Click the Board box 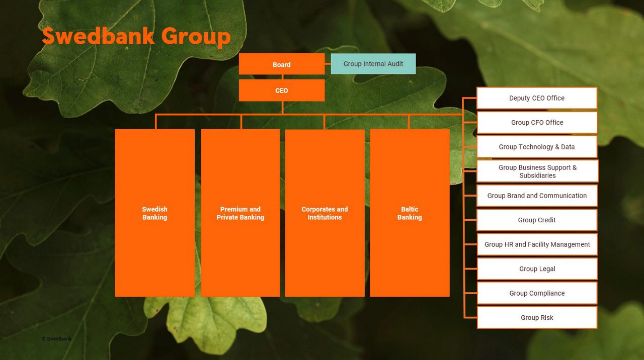pyautogui.click(x=282, y=64)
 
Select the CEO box pyautogui.click(x=282, y=91)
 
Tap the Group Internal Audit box pyautogui.click(x=373, y=64)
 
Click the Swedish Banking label pyautogui.click(x=154, y=213)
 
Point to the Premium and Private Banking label pyautogui.click(x=240, y=213)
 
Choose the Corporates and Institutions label pyautogui.click(x=325, y=213)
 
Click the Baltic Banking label pyautogui.click(x=410, y=213)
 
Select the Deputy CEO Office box pyautogui.click(x=537, y=98)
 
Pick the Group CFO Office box pyautogui.click(x=537, y=122)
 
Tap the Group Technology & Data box pyautogui.click(x=537, y=147)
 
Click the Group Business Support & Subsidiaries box pyautogui.click(x=537, y=171)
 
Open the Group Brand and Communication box pyautogui.click(x=537, y=196)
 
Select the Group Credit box pyautogui.click(x=537, y=220)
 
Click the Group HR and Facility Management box pyautogui.click(x=537, y=244)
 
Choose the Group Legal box pyautogui.click(x=537, y=269)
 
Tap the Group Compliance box pyautogui.click(x=537, y=293)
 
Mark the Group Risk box pyautogui.click(x=537, y=318)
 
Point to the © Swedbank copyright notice pyautogui.click(x=56, y=339)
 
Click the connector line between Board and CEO pyautogui.click(x=282, y=77)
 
